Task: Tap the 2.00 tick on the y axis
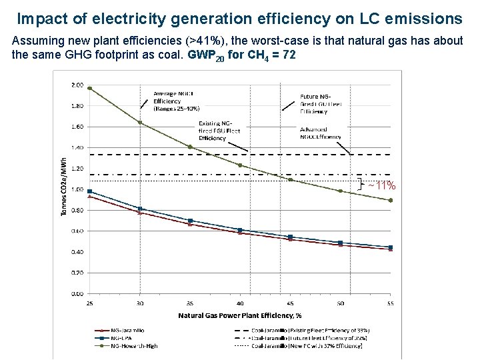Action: tap(77, 85)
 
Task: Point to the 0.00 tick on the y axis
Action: tap(77, 293)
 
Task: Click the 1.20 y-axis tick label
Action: tap(77, 169)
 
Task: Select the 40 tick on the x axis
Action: tap(239, 303)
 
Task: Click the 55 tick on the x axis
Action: tap(390, 303)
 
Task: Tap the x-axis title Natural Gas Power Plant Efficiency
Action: tap(240, 315)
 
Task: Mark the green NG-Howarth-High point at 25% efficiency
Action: tap(89, 88)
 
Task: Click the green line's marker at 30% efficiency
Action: tap(140, 122)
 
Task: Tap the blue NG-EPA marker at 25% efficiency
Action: tap(89, 191)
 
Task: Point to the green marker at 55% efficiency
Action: tap(391, 200)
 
